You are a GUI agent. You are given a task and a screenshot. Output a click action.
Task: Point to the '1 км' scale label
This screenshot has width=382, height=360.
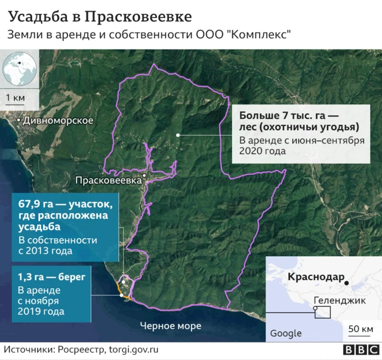click(x=16, y=97)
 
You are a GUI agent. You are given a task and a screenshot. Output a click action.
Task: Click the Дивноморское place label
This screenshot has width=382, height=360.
click(x=58, y=121)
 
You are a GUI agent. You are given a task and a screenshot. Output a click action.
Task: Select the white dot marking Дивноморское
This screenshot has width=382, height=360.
click(x=19, y=121)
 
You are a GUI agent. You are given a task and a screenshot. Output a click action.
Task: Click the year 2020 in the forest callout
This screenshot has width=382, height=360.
click(x=252, y=152)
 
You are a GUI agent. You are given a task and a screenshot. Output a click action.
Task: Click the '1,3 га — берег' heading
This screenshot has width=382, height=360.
click(x=51, y=276)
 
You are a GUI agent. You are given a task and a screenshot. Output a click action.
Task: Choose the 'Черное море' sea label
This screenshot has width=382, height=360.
click(x=171, y=326)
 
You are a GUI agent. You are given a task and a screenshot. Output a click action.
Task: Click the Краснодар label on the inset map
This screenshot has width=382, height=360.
click(x=316, y=277)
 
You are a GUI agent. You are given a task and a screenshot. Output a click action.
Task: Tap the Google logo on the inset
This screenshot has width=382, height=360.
click(x=286, y=333)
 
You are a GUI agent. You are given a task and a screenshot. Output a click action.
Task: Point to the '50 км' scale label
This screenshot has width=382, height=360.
click(x=361, y=329)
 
